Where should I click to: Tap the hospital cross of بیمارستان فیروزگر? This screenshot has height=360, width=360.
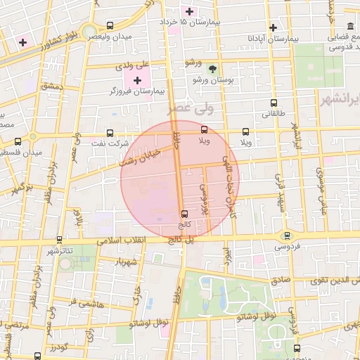click(137, 82)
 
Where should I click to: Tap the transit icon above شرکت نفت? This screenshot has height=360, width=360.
click(110, 132)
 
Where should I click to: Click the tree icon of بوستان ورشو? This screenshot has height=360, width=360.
click(212, 69)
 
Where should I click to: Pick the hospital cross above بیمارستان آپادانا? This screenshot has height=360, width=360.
click(273, 27)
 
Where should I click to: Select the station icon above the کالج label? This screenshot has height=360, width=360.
click(184, 213)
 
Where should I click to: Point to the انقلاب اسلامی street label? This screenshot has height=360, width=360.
click(143, 240)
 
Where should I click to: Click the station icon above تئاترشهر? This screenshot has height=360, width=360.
click(59, 240)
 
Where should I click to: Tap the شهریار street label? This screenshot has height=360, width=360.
click(127, 262)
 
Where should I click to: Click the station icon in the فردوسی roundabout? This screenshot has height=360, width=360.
click(286, 236)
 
